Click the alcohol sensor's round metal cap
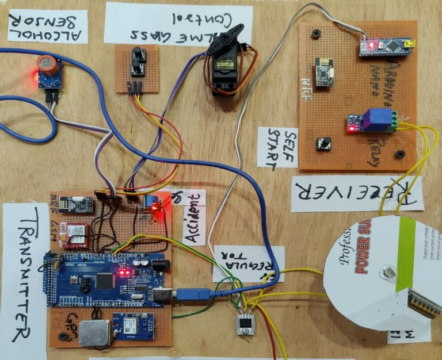click(46, 65)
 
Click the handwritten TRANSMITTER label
click(22, 276)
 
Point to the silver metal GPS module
click(94, 333)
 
